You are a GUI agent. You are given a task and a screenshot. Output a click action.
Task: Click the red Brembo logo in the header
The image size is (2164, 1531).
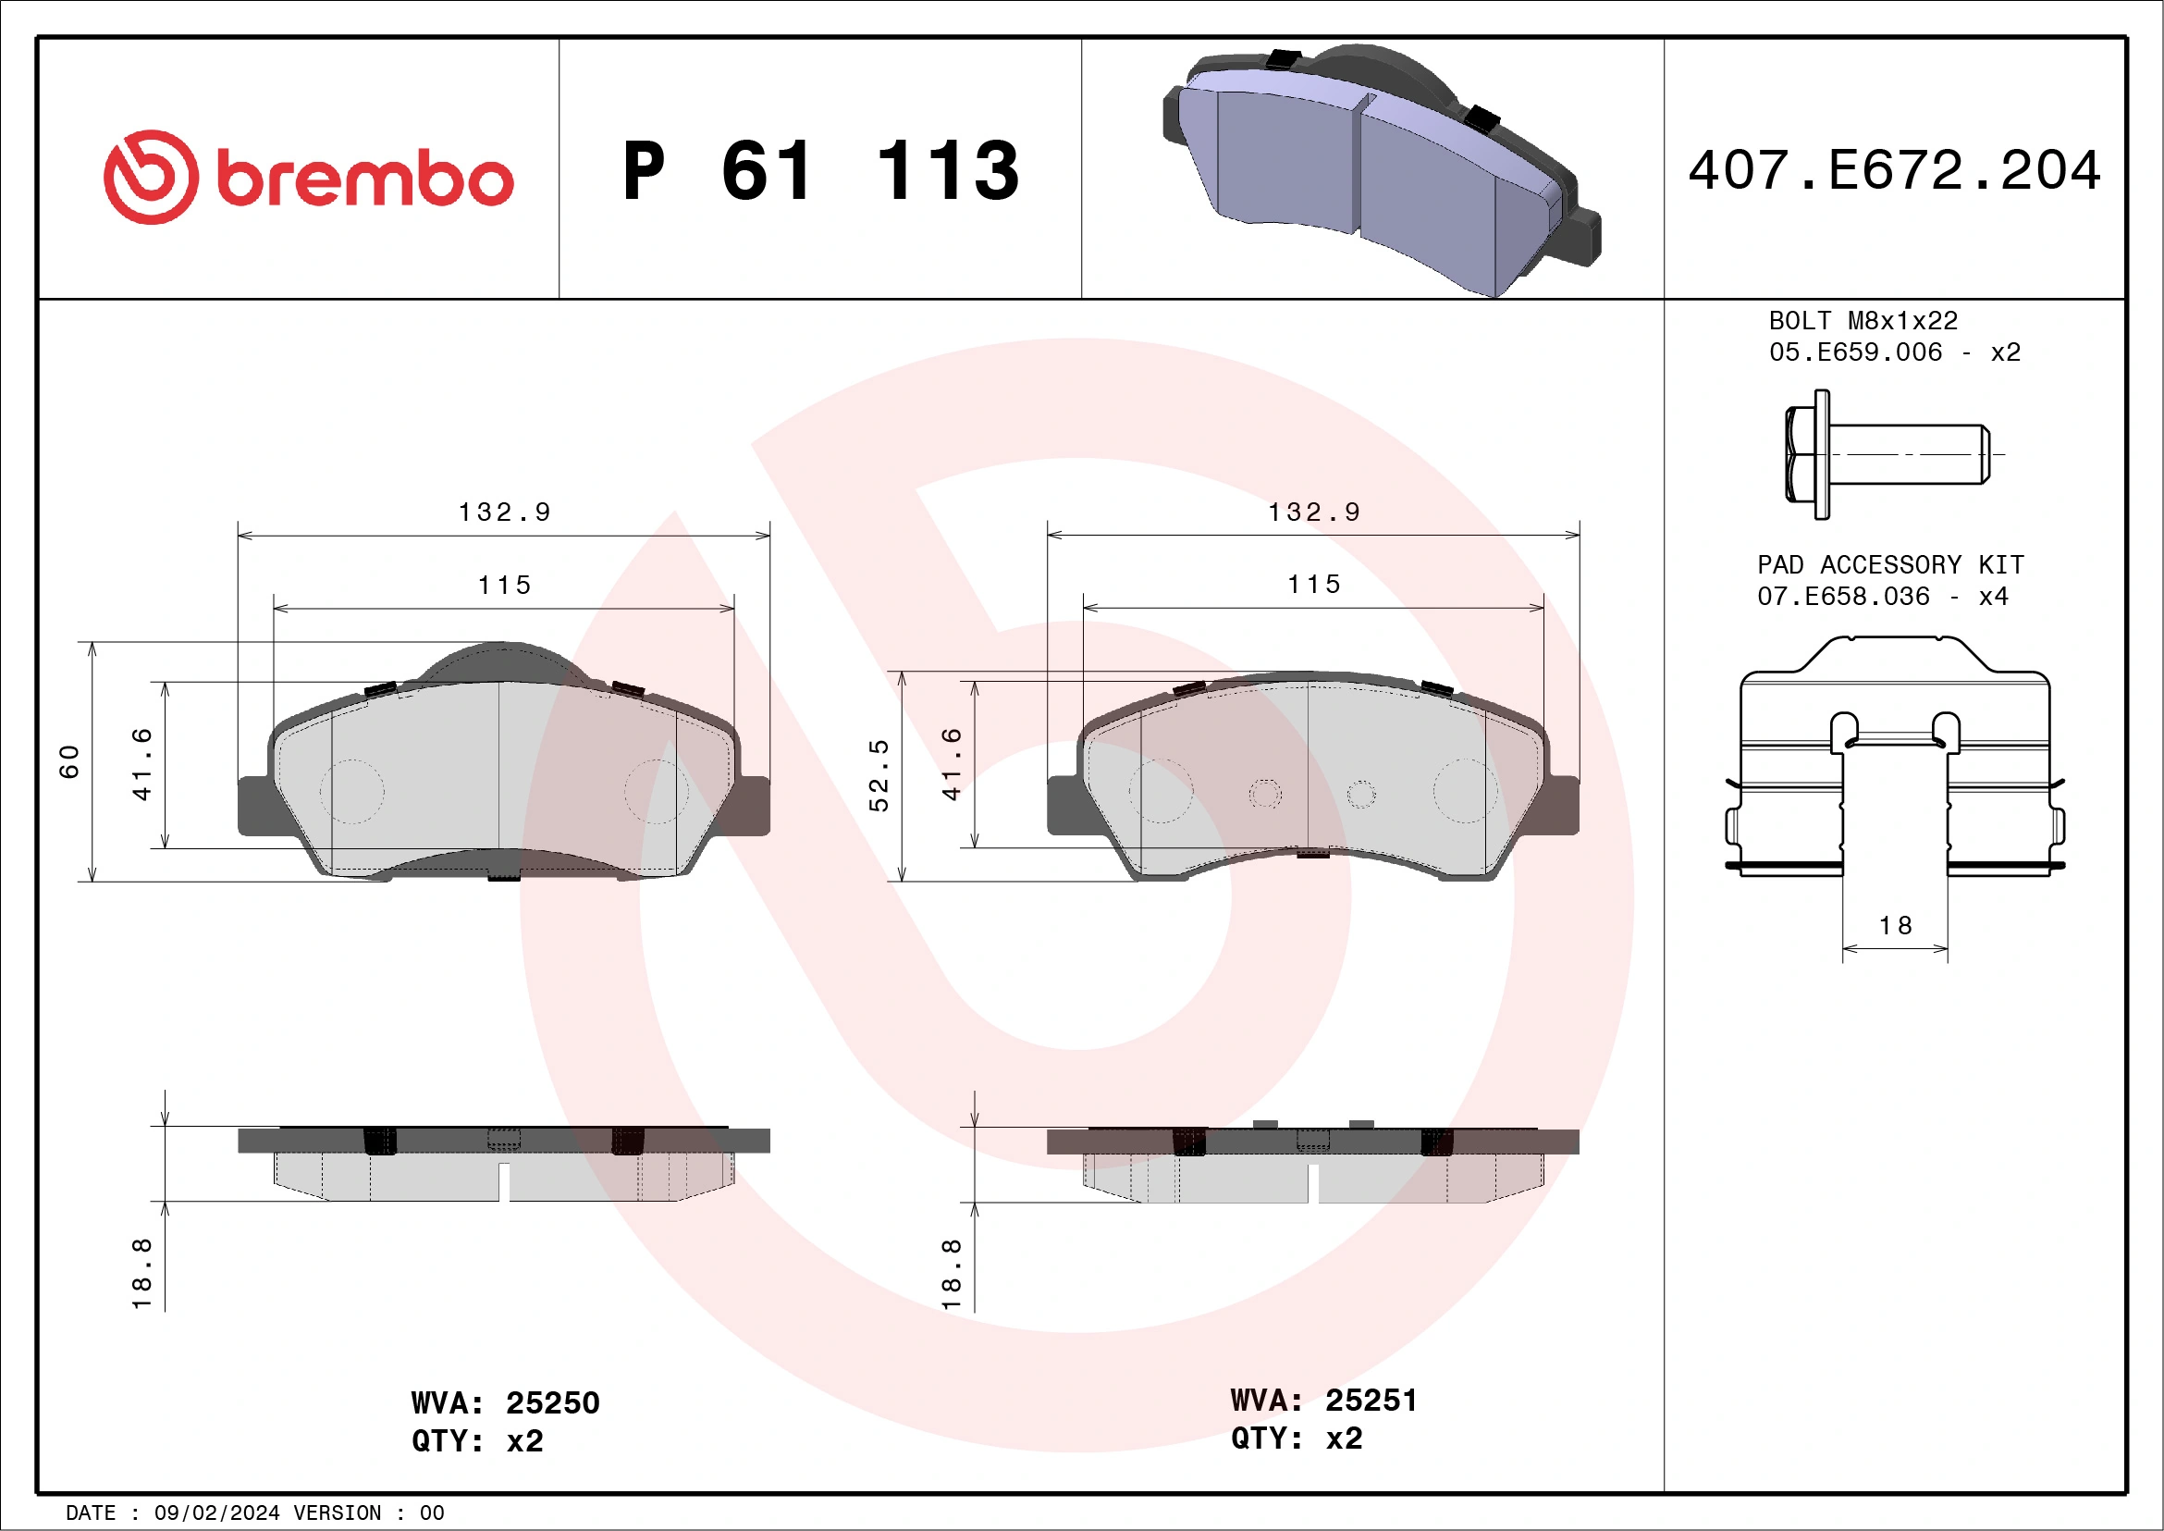(x=308, y=178)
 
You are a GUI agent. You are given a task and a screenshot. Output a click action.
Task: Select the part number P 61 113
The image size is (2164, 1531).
(x=821, y=171)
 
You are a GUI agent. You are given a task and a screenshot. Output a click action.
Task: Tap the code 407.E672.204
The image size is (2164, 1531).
(x=1894, y=170)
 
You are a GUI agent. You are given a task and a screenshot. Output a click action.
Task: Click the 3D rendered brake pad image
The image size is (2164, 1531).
(x=1381, y=169)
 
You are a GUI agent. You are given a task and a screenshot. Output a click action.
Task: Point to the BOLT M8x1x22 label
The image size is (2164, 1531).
(x=1863, y=320)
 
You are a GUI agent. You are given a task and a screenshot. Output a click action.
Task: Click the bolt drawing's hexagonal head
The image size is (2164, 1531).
(x=1806, y=454)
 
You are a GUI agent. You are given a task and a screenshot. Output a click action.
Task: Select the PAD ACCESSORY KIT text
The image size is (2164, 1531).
(x=1889, y=564)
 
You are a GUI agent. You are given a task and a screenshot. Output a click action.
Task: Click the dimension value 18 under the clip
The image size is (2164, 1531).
(x=1896, y=926)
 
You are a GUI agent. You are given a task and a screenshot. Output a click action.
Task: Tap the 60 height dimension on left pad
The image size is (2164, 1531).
(x=69, y=761)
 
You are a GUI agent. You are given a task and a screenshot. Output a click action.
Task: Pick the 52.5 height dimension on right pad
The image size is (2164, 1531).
(x=879, y=775)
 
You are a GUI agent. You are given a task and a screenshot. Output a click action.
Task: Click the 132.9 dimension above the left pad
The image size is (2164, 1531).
(x=504, y=512)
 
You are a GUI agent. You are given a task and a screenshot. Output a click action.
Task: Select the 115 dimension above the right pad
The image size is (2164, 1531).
(x=1314, y=585)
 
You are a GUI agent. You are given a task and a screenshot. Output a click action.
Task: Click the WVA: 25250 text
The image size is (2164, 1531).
(x=505, y=1402)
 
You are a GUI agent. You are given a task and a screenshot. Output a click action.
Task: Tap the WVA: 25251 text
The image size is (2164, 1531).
(x=1323, y=1400)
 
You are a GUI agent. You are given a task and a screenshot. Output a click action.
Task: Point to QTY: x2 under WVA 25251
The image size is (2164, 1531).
(x=1296, y=1438)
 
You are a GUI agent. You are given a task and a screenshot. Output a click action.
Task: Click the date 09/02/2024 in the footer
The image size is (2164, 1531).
(x=216, y=1513)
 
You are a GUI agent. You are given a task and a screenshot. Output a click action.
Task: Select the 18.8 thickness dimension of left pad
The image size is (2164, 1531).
(x=141, y=1273)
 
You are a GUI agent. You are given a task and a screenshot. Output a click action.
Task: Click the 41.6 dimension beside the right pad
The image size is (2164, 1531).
(x=952, y=763)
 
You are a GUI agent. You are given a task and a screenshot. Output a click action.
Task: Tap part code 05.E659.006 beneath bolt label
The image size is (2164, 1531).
(x=1855, y=352)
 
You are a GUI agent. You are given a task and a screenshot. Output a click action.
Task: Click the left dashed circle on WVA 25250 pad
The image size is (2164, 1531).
(x=351, y=791)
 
